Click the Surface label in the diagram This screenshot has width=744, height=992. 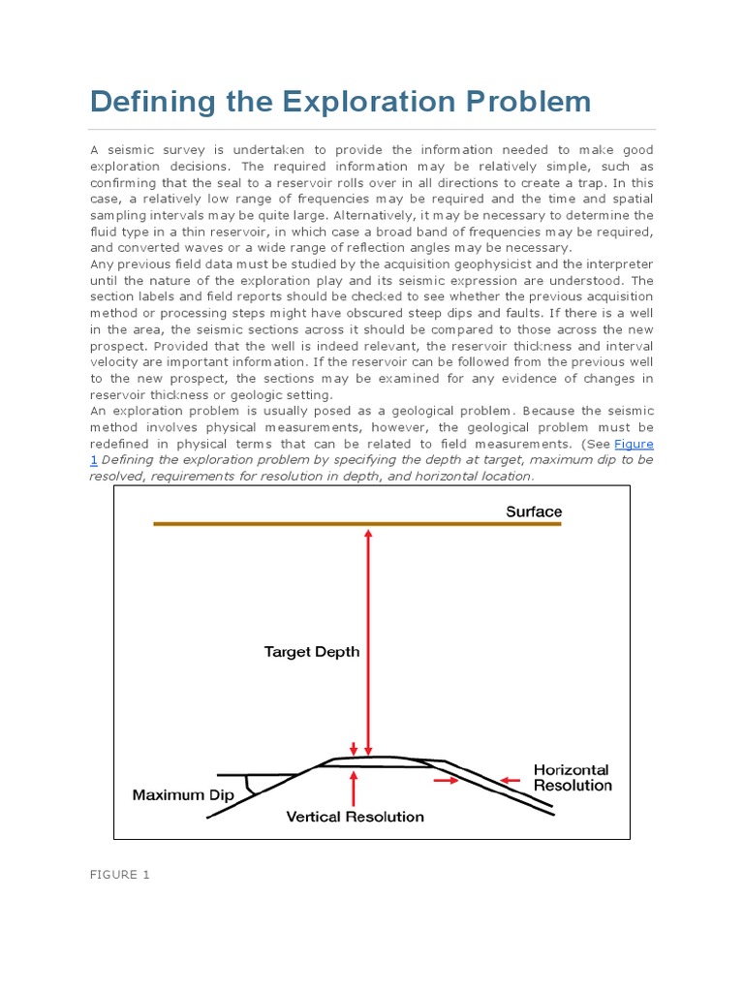[x=533, y=511]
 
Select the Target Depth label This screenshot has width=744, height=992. [x=312, y=652]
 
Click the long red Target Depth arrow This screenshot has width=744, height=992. [x=367, y=639]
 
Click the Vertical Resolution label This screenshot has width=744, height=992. [x=355, y=817]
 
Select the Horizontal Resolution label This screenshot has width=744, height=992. [x=573, y=777]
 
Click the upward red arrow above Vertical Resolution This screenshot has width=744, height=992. [x=355, y=788]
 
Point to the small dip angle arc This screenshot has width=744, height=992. [x=252, y=784]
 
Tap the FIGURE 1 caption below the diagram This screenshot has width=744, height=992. [x=120, y=875]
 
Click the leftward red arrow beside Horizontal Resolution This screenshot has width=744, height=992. [x=513, y=778]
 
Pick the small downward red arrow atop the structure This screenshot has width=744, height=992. [x=355, y=747]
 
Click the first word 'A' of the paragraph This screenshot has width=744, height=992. [x=95, y=150]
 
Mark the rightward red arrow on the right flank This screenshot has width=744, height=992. [x=446, y=778]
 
